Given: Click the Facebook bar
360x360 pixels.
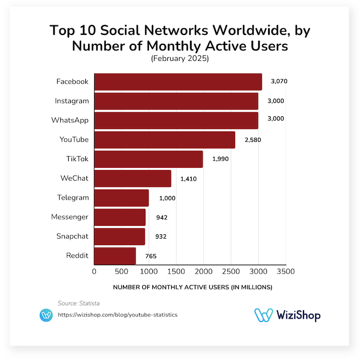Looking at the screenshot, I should pos(178,81).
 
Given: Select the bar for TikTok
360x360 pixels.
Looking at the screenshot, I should pos(148,159).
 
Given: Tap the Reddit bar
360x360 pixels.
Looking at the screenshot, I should pos(115,256).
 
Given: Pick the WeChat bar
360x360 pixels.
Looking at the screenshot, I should pos(132,178).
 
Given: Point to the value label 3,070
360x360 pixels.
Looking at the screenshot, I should pos(279,81).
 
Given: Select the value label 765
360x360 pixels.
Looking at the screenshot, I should pos(151,256).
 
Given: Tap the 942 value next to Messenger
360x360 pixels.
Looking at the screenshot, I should pos(162,218).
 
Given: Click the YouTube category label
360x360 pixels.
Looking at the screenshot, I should pos(74,140).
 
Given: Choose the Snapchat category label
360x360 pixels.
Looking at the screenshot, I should pos(72,236).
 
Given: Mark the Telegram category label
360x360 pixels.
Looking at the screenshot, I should pos(73,198).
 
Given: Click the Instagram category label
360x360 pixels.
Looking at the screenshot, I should pos(71,101).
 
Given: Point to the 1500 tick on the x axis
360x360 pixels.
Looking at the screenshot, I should pos(176,271).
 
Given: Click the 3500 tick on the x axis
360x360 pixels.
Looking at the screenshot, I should pos(285,271).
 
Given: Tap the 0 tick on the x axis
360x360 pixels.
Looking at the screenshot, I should pos(94,271).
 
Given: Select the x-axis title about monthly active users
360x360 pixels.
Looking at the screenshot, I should pos(192,287).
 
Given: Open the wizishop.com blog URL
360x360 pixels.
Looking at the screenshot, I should pos(117,315).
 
